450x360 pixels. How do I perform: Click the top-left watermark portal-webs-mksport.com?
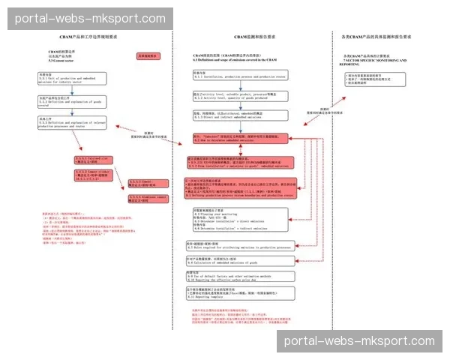[90, 19]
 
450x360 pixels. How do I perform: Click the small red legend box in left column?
[148, 55]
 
